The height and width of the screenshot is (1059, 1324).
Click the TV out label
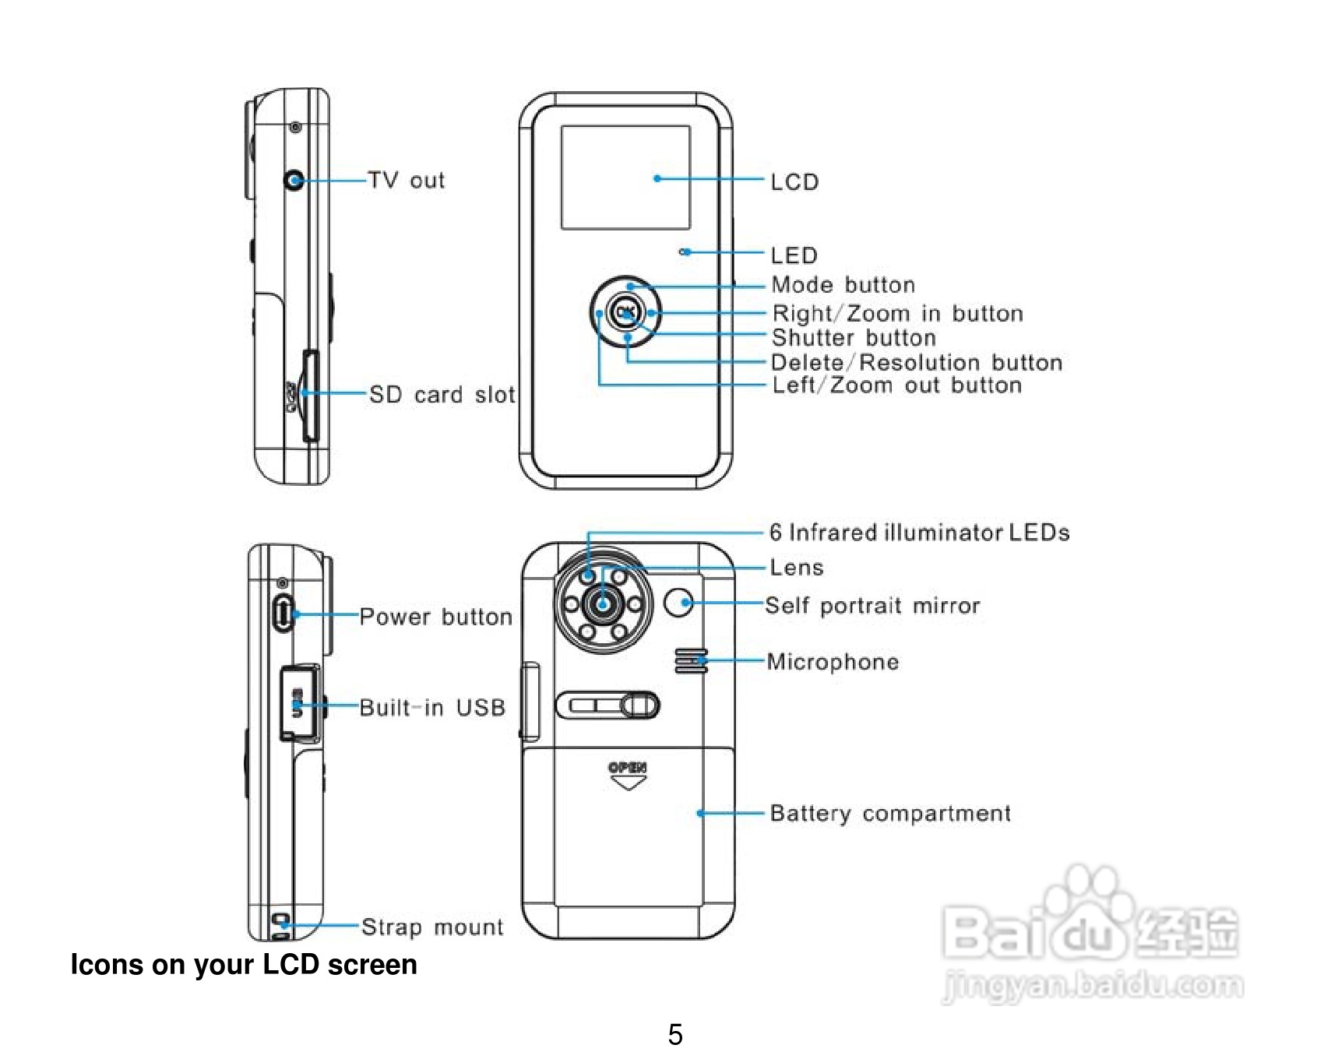click(x=406, y=181)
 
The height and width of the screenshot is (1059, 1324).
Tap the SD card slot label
click(x=442, y=395)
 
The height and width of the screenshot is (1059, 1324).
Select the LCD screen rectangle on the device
click(x=625, y=178)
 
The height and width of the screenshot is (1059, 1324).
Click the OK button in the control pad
click(x=625, y=312)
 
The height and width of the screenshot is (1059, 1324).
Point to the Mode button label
click(x=843, y=285)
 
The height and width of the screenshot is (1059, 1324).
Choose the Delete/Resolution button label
click(x=917, y=363)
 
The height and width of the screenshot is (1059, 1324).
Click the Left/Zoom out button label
click(x=896, y=385)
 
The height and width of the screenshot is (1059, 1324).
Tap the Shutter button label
click(x=854, y=338)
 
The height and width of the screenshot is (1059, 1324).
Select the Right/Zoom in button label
click(x=897, y=314)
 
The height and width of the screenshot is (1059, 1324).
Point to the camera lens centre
click(x=603, y=603)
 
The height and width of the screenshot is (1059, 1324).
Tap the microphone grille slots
click(x=691, y=660)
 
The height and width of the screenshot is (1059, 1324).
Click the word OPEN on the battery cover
click(x=627, y=768)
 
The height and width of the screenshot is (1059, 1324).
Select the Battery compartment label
click(x=890, y=814)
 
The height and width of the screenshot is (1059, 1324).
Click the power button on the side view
click(x=283, y=614)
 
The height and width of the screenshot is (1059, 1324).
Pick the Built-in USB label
click(x=432, y=708)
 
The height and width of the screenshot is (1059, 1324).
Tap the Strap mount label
click(x=432, y=927)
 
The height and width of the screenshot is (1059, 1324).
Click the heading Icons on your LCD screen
click(x=244, y=965)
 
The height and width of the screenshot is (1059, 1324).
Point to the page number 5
click(x=675, y=1034)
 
